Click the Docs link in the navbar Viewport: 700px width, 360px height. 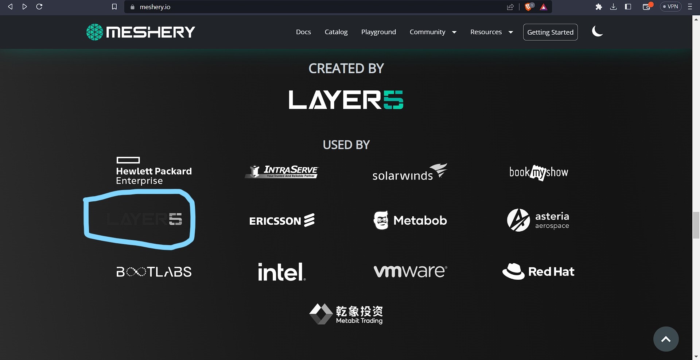303,32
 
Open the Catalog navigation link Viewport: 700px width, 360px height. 336,32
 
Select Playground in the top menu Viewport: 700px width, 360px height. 378,32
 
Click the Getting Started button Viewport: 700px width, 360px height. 550,32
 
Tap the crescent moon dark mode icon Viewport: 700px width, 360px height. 597,31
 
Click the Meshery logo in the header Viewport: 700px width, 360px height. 141,32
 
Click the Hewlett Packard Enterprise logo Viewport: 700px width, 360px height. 153,171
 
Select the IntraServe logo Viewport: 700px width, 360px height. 282,171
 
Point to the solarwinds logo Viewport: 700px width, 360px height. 409,172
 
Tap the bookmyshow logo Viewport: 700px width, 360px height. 538,172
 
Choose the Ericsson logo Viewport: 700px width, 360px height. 282,220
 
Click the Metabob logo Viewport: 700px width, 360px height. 410,220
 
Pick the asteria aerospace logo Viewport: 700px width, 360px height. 538,220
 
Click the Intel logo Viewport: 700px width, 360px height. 281,272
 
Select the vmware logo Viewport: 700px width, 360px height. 410,271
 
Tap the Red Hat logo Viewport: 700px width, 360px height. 538,271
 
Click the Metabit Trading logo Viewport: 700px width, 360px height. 346,314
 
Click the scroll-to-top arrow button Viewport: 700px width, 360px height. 666,339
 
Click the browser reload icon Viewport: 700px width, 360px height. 39,7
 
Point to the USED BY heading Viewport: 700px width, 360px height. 346,145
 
